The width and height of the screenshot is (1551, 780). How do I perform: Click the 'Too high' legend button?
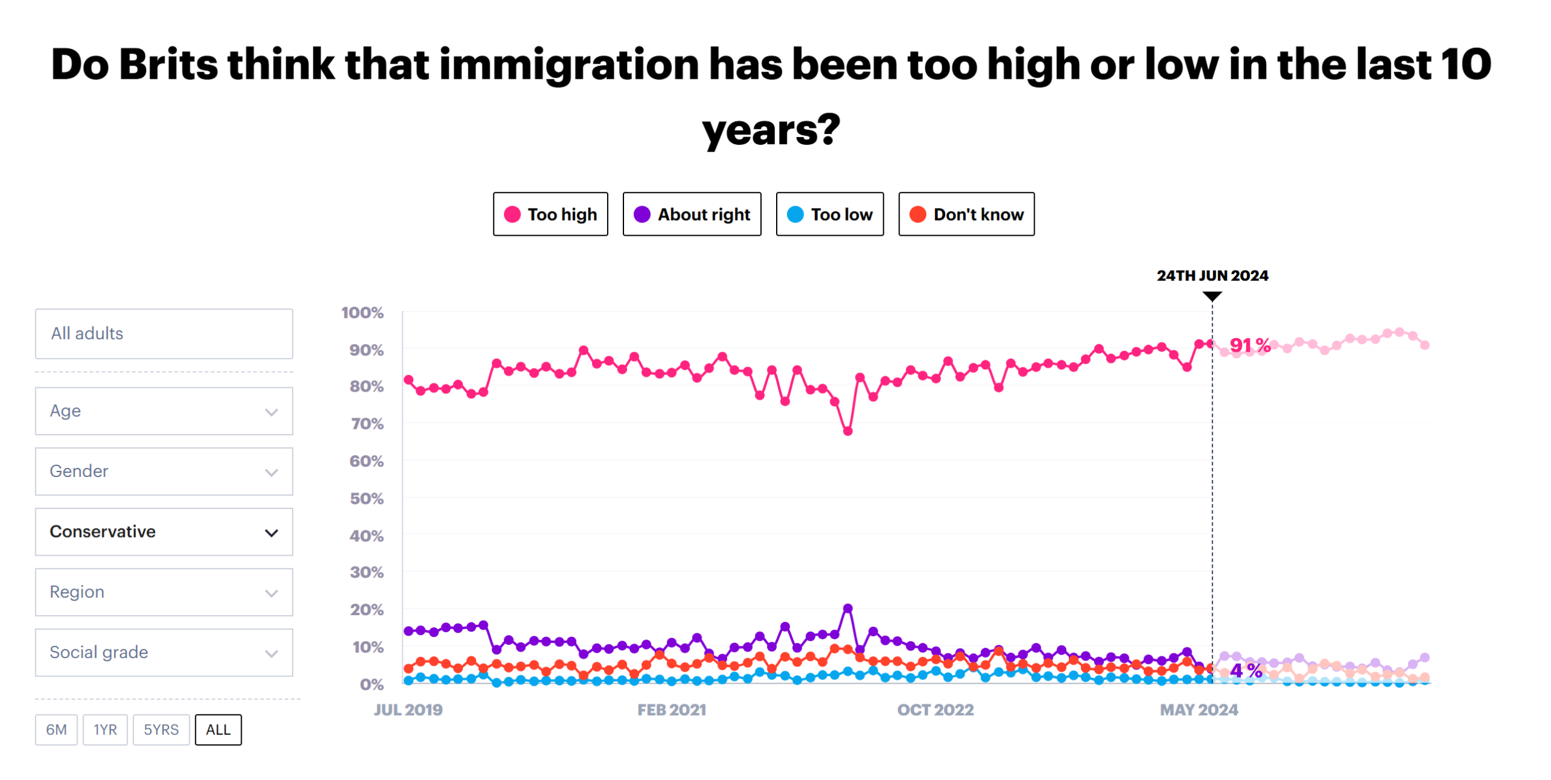pos(550,214)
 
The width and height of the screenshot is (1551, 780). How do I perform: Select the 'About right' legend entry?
pos(691,214)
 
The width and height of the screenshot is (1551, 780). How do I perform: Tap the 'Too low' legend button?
pos(829,214)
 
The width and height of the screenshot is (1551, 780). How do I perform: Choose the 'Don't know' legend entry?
pos(966,214)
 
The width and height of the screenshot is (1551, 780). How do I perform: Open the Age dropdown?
pos(164,411)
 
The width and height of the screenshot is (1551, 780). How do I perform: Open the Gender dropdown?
pos(164,471)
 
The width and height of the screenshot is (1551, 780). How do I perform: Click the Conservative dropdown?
pos(164,532)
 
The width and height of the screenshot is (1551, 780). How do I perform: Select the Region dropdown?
pos(164,592)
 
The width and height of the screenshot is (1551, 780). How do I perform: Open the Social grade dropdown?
pos(164,652)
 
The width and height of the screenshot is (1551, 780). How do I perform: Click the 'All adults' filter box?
pos(164,333)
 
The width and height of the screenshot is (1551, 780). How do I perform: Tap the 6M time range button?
pos(56,729)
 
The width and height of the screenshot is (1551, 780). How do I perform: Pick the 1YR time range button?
pos(105,729)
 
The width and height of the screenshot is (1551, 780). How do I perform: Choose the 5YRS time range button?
pos(161,729)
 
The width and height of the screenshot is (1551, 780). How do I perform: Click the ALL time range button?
pos(218,729)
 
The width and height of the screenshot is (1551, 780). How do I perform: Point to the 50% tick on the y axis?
pos(367,498)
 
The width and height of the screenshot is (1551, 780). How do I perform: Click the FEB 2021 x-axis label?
pos(671,710)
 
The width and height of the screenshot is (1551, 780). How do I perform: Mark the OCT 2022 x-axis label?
pos(935,710)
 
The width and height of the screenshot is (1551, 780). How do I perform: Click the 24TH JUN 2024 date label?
pos(1212,275)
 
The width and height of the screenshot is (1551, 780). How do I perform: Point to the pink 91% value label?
pos(1249,345)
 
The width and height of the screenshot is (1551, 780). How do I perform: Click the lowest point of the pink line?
pos(848,431)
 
